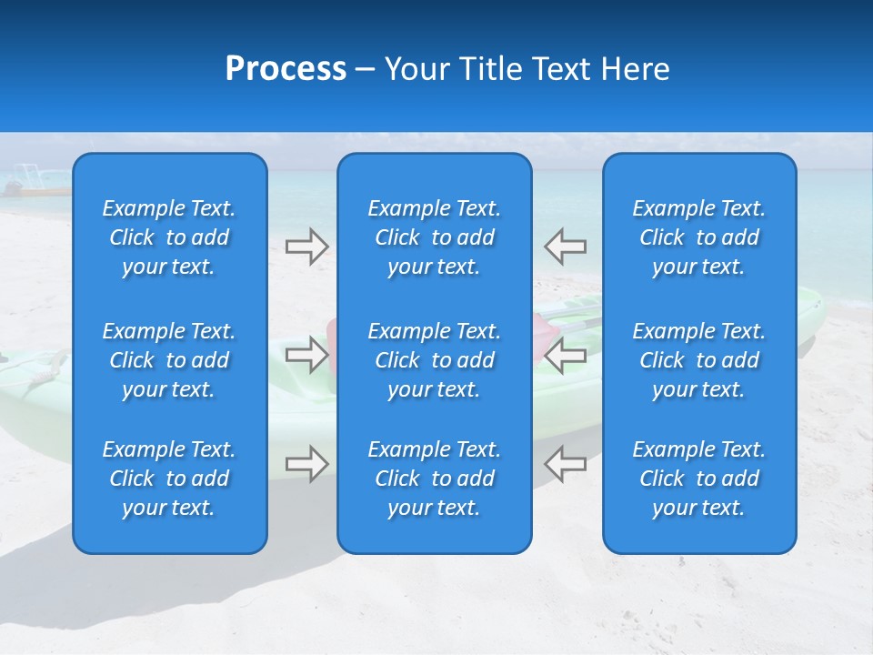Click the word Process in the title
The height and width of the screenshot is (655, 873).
[x=286, y=69]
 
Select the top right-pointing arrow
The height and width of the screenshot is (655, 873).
[x=307, y=246]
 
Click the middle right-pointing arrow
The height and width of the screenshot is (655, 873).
[x=307, y=355]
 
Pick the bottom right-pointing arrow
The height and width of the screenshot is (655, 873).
[x=307, y=464]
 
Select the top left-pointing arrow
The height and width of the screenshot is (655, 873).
[x=565, y=246]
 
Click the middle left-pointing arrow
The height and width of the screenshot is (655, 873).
[x=565, y=355]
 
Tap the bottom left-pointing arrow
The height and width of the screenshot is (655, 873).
[x=565, y=464]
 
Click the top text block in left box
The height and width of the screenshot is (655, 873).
[x=169, y=237]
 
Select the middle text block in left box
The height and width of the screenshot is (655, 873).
[x=169, y=360]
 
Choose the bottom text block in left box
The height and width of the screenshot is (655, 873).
[x=169, y=479]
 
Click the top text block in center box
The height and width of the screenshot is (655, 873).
[x=434, y=237]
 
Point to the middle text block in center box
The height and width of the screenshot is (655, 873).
[x=434, y=360]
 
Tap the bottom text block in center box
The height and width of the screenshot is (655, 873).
[x=434, y=479]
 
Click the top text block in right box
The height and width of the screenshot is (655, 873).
[x=698, y=237]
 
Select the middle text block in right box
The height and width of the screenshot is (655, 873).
[x=698, y=360]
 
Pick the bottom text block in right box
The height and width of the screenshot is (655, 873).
[x=698, y=479]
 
